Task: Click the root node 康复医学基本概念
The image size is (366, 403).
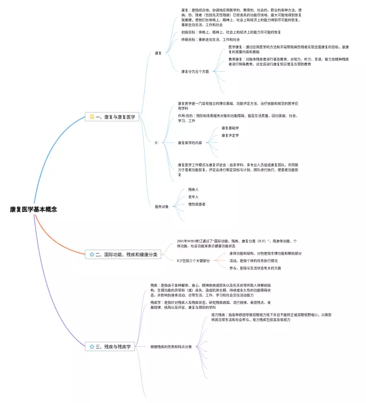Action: click(34, 210)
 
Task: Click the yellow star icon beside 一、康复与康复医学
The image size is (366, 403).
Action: click(91, 117)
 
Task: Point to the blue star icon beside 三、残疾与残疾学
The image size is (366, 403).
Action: click(91, 346)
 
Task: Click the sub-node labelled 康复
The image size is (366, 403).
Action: click(158, 53)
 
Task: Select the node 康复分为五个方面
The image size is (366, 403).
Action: click(194, 71)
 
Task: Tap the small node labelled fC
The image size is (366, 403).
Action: click(157, 142)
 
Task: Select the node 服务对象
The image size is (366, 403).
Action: click(161, 206)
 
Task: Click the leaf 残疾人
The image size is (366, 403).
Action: click(193, 189)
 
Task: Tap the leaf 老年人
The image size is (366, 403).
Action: click(193, 196)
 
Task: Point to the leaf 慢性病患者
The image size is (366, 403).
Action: click(197, 204)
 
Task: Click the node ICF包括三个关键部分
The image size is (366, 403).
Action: click(193, 260)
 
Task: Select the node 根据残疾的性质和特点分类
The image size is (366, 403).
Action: click(171, 346)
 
